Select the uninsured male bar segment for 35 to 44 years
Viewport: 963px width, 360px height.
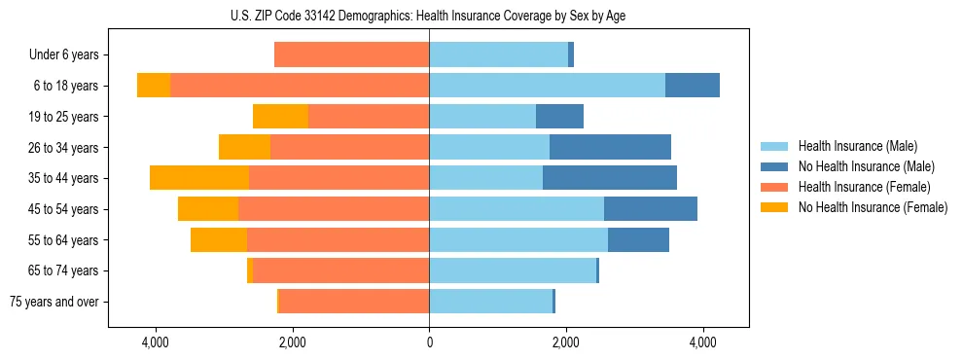pos(610,178)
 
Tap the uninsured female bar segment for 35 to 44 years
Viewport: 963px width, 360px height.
pos(199,178)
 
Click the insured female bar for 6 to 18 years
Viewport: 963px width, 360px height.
pos(300,86)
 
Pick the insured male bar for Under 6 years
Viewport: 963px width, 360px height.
pos(498,54)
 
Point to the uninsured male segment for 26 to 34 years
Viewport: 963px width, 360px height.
pos(610,147)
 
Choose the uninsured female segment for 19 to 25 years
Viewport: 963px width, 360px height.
pos(280,117)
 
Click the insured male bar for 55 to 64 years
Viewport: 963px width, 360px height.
pos(518,239)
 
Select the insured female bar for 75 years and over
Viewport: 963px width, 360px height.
pos(354,302)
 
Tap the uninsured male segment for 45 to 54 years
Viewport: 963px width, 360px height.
pos(651,208)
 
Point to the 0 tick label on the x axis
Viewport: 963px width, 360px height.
pos(429,342)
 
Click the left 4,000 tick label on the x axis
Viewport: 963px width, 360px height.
pos(156,342)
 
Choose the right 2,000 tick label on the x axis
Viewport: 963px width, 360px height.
pos(566,342)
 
